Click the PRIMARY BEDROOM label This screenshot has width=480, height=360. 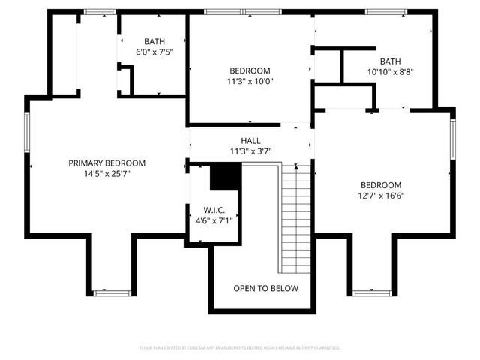pos(106,163)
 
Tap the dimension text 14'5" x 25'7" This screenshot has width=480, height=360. pos(106,174)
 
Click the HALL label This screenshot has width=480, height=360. pos(250,140)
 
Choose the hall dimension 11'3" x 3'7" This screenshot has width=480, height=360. pos(250,151)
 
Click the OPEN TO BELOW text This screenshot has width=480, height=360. pos(265,288)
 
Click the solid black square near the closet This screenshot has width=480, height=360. pos(224,178)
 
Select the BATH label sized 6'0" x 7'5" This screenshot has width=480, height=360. pos(154,41)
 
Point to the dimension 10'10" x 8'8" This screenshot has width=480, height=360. pos(390,72)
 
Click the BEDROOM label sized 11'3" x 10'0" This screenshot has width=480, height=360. pos(250,70)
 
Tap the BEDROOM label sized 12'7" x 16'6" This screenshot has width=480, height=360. pos(380,185)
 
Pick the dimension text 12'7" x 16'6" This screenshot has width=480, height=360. pos(380,196)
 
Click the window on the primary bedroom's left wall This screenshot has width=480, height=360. pos(28,136)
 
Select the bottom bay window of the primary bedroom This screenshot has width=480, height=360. pos(112,292)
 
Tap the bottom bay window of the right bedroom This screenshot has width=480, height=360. pos(372,292)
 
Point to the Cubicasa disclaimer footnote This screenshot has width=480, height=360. pos(240,348)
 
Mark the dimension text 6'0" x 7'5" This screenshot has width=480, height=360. pos(154,52)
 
